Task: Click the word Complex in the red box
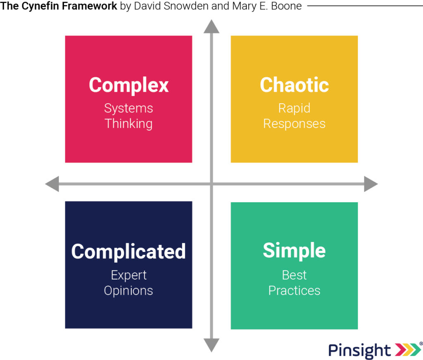pos(128,85)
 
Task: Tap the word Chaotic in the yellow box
pos(294,85)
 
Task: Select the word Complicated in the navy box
pos(128,251)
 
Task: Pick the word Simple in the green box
pos(294,251)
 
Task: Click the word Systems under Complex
pos(128,108)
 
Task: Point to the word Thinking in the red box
pos(128,123)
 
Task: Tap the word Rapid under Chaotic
pos(294,108)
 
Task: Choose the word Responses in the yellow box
pos(294,123)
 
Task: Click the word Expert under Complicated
pos(128,275)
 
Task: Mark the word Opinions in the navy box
pos(128,291)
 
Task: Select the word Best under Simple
pos(294,275)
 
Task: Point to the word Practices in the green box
pos(294,291)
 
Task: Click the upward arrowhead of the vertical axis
pos(211,26)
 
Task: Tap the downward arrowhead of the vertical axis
pos(211,344)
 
